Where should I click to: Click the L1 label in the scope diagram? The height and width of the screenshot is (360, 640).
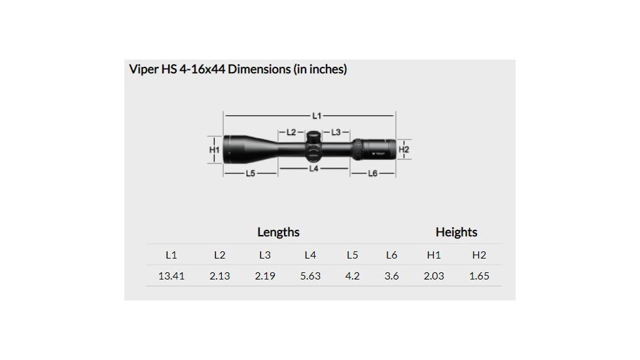coord(317,115)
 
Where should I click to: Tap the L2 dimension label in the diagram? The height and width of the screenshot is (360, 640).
coord(291,132)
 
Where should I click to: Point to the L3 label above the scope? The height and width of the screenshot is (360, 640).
coord(336,132)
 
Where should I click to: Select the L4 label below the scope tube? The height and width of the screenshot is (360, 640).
coord(313,168)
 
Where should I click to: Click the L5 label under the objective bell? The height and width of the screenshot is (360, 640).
coord(251,173)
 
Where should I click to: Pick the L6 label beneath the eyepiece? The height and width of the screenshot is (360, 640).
coord(372,173)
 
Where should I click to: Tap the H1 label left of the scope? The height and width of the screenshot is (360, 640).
coord(214,150)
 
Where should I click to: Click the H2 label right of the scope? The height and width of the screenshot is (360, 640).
coord(404,150)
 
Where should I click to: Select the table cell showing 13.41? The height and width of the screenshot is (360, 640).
coord(171,276)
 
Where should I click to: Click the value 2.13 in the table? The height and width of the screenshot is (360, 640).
coord(220,276)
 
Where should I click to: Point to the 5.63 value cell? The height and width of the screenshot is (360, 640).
coord(310,276)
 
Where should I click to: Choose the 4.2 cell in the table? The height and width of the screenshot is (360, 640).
coord(352,276)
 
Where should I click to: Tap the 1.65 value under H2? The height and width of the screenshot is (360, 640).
coord(479,276)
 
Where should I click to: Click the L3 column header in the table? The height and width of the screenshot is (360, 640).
coord(265,255)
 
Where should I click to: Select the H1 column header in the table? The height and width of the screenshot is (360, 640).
coord(433,255)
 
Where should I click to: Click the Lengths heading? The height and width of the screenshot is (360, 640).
coord(278,232)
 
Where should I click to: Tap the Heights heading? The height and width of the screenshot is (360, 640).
coord(456,232)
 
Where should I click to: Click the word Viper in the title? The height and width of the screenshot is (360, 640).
coord(143,69)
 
